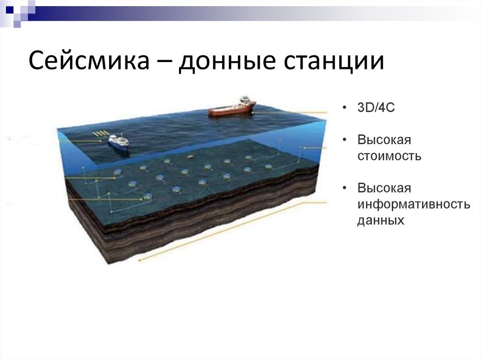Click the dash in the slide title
click(164, 61)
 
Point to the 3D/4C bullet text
click(376, 107)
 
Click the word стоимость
click(389, 156)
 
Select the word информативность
click(413, 204)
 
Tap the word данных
click(380, 221)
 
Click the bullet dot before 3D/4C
click(344, 107)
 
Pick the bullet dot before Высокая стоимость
click(344, 140)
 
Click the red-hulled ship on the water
click(232, 107)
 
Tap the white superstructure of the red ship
click(244, 101)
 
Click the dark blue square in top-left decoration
click(10, 10)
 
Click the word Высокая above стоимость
click(384, 140)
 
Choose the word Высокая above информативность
click(384, 188)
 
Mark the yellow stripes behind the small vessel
click(101, 133)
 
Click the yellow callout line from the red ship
click(290, 113)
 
